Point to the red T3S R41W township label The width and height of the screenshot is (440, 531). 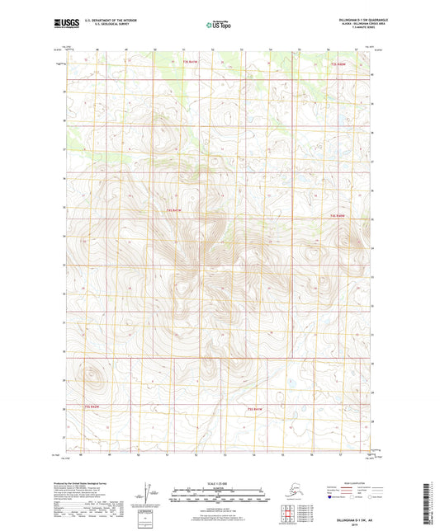(192, 62)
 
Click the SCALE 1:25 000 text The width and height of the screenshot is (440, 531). (218, 482)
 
